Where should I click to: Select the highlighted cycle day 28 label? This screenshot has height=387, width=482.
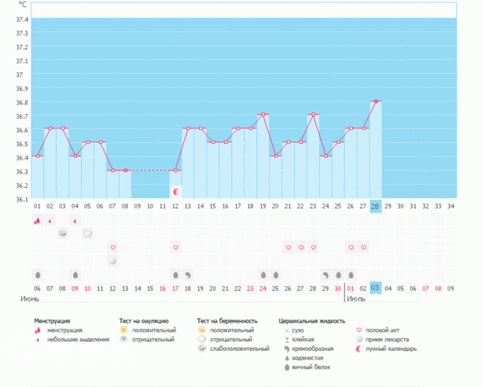375,206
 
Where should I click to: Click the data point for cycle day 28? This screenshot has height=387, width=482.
375,101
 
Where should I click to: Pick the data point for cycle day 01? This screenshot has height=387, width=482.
37,156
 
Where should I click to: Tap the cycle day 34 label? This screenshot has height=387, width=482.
451,206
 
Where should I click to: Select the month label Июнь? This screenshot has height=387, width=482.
31,298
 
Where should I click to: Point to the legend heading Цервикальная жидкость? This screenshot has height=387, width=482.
310,320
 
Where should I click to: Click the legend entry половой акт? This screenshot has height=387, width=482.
382,329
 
